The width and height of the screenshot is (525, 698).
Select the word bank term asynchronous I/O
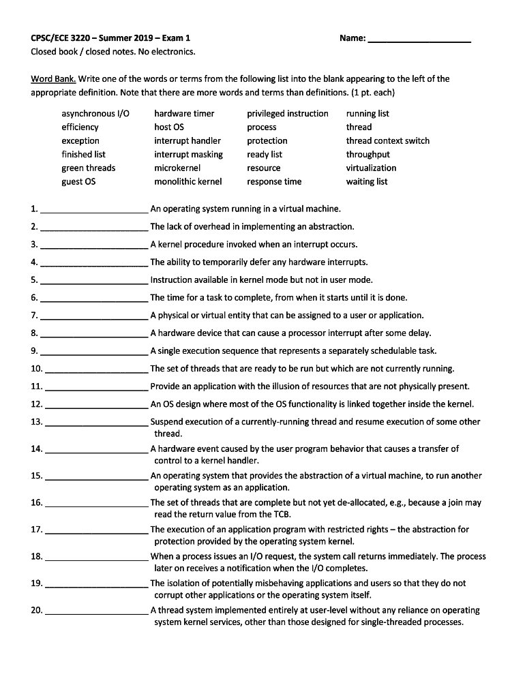pyautogui.click(x=95, y=114)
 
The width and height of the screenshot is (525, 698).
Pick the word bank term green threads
pyautogui.click(x=89, y=168)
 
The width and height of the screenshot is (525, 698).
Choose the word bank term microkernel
pyautogui.click(x=177, y=168)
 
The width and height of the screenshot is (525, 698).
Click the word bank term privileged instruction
pyautogui.click(x=288, y=114)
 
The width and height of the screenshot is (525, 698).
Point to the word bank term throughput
pyautogui.click(x=368, y=155)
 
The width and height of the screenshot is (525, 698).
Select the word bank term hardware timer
pyautogui.click(x=184, y=114)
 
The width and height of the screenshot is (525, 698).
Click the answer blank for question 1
pyautogui.click(x=94, y=211)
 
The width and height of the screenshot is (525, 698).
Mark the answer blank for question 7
pyautogui.click(x=94, y=317)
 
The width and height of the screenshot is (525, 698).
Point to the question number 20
pyautogui.click(x=37, y=610)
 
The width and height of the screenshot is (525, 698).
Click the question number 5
pyautogui.click(x=34, y=280)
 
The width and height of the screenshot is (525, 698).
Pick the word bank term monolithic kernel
pyautogui.click(x=188, y=182)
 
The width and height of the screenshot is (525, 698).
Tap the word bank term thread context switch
pyautogui.click(x=388, y=141)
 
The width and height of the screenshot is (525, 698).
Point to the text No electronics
pyautogui.click(x=163, y=52)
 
